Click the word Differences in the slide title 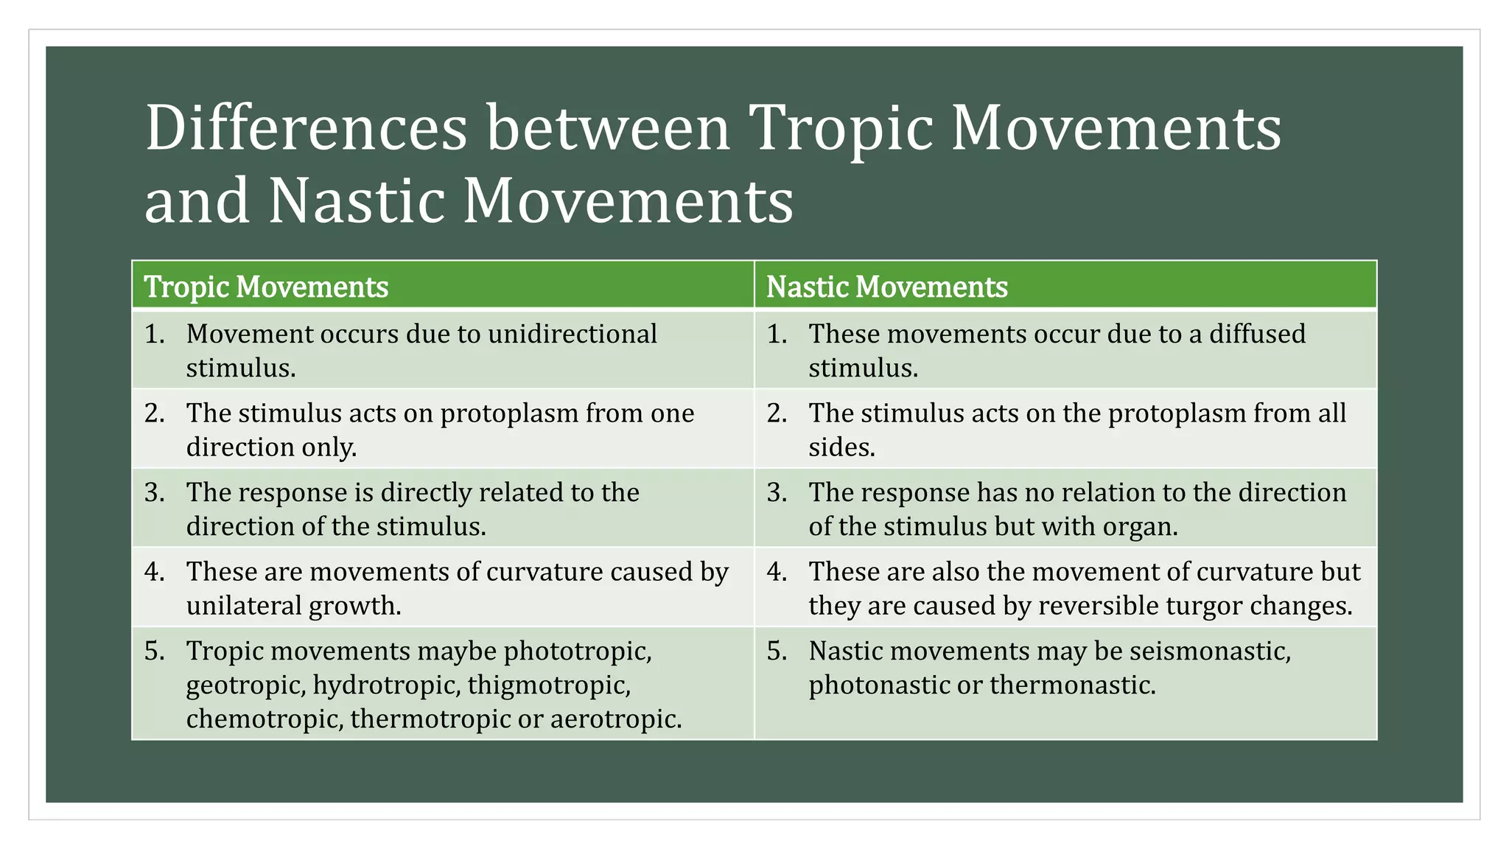tap(306, 128)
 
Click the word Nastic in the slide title tap(357, 200)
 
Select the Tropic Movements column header tap(266, 287)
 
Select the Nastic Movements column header tap(886, 287)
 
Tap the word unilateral tap(243, 606)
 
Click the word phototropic tap(578, 651)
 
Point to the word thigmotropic tap(548, 685)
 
